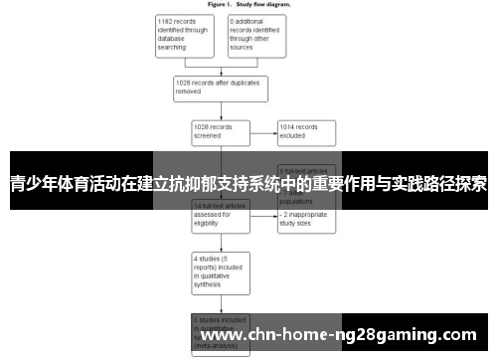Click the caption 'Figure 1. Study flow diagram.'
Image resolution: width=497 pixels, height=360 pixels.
coord(248,4)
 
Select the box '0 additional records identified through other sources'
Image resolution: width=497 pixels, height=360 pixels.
coord(255,35)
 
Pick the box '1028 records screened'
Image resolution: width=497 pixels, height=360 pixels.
coord(220,132)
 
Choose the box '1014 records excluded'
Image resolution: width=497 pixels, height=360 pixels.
coord(307,132)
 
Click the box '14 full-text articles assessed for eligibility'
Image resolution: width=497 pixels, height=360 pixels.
coord(220,214)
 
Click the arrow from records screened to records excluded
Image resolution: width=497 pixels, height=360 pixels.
coord(262,132)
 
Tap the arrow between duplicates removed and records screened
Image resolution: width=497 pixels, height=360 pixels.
coord(220,110)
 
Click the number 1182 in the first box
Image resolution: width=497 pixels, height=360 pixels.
coord(167,20)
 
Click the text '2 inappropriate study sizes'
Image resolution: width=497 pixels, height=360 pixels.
coord(308,220)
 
